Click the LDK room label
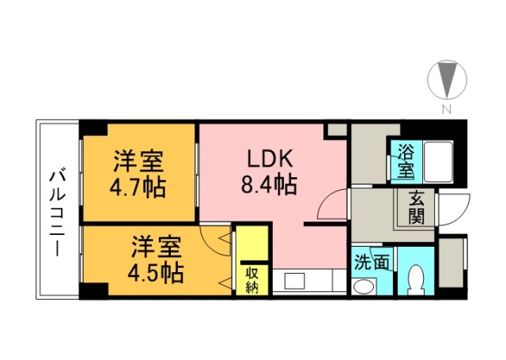click(270, 158)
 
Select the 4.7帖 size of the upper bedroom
click(138, 188)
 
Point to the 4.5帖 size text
click(156, 273)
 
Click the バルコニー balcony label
click(58, 214)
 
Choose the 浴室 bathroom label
click(406, 161)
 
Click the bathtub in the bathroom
click(438, 161)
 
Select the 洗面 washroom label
click(371, 262)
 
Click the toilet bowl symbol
click(417, 279)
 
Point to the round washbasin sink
click(364, 286)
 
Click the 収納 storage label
click(251, 281)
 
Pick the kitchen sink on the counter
click(294, 281)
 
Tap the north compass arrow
click(447, 79)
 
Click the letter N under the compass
click(447, 110)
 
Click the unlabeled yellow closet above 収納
click(252, 243)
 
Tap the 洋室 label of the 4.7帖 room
click(138, 161)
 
